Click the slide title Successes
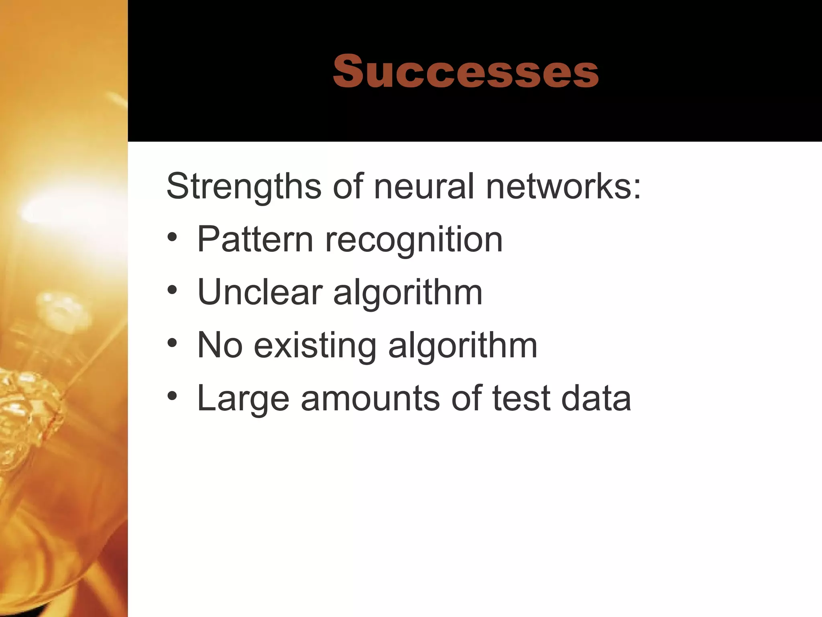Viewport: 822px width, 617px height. [x=466, y=72]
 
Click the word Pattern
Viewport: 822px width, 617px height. [x=255, y=239]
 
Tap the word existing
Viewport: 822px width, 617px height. [x=315, y=346]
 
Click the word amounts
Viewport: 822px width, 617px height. [x=370, y=398]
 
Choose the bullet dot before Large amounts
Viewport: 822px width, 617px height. [x=173, y=396]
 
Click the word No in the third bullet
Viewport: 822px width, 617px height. [x=220, y=345]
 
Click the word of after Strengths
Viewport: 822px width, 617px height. [x=348, y=186]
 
